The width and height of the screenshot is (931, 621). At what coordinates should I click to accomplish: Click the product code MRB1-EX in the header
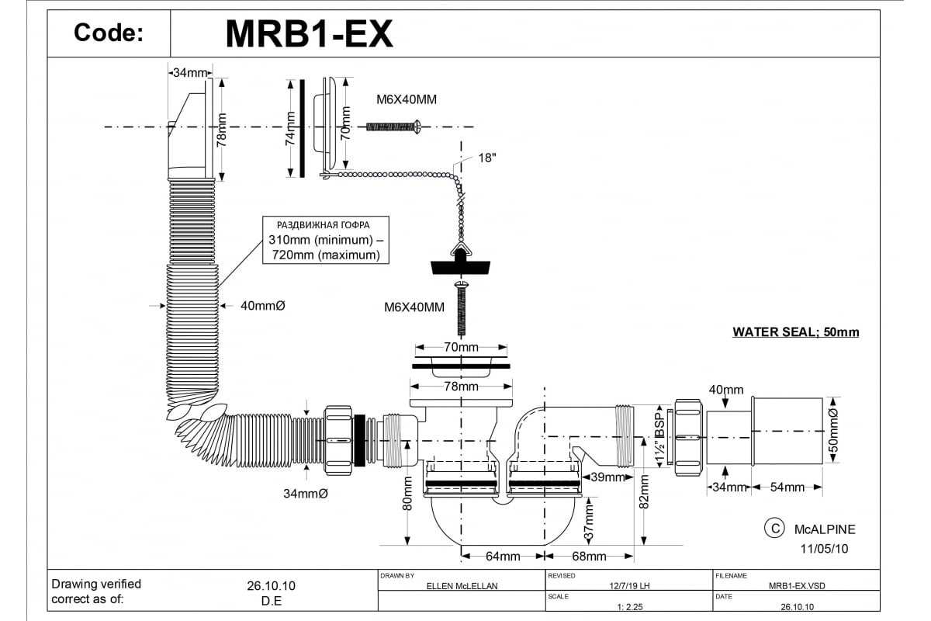pyautogui.click(x=309, y=33)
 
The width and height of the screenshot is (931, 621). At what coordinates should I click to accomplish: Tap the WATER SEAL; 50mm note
pyautogui.click(x=796, y=332)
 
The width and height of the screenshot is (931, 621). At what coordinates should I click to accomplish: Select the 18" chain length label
pyautogui.click(x=487, y=158)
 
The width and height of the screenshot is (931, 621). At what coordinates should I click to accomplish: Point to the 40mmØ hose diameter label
pyautogui.click(x=263, y=306)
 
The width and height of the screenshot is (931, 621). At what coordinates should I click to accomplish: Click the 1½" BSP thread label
pyautogui.click(x=660, y=435)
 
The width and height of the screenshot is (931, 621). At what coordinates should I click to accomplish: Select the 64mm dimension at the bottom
pyautogui.click(x=503, y=557)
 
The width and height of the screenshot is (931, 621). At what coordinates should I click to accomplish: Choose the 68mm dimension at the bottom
pyautogui.click(x=589, y=557)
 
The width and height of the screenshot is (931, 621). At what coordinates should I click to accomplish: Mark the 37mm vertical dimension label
pyautogui.click(x=589, y=522)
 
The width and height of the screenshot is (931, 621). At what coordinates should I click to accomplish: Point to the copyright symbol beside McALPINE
pyautogui.click(x=773, y=529)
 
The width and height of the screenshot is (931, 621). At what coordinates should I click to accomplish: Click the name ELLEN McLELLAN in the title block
pyautogui.click(x=462, y=587)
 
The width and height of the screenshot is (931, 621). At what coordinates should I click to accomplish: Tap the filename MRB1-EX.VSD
pyautogui.click(x=797, y=587)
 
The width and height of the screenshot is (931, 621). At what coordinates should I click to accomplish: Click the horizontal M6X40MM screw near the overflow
pyautogui.click(x=393, y=126)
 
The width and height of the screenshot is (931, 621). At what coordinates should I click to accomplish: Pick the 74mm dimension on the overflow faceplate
pyautogui.click(x=290, y=129)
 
